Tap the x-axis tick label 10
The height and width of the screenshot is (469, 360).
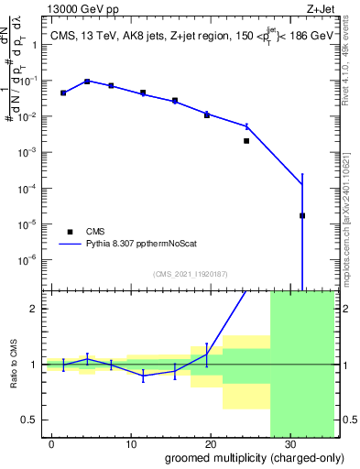point(132,442)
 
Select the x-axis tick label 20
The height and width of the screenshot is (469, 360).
point(210,442)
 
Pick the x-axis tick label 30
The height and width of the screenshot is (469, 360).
point(289,442)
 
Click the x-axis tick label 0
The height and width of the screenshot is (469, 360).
point(53,442)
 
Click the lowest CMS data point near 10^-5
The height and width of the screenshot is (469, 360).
point(302,216)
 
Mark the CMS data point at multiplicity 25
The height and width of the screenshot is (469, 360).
point(246,141)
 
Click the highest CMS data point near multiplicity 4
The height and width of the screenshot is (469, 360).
point(87,82)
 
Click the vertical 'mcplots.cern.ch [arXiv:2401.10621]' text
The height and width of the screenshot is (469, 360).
point(343,221)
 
